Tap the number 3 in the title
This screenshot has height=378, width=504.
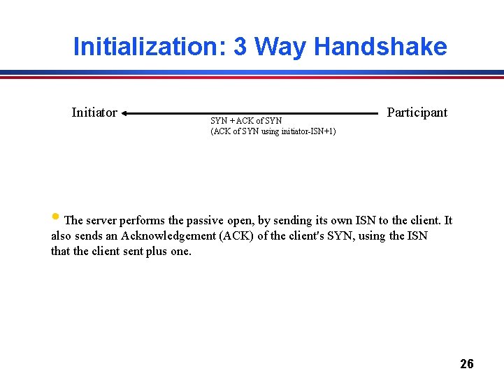coord(240,47)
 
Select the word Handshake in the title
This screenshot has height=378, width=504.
coord(380,47)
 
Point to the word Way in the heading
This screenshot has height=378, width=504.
coord(280,47)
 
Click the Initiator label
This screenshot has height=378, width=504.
coord(94,112)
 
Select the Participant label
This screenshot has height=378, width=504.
coord(417,112)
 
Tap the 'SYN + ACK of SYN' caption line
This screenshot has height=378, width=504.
coord(246,121)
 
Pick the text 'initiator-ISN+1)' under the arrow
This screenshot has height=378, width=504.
coord(308,131)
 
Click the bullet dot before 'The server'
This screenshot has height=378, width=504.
coord(55,216)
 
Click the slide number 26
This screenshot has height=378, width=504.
coord(467,363)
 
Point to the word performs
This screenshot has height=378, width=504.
coord(150,221)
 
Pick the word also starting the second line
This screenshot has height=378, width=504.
coord(62,236)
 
